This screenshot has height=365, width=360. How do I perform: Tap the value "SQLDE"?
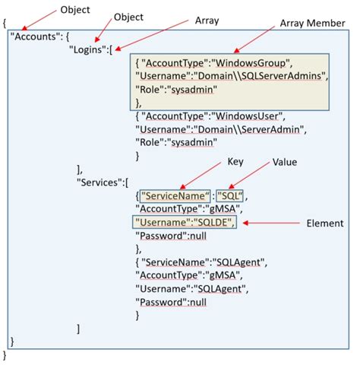coord(216,221)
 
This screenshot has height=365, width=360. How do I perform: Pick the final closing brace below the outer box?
coord(5,355)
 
